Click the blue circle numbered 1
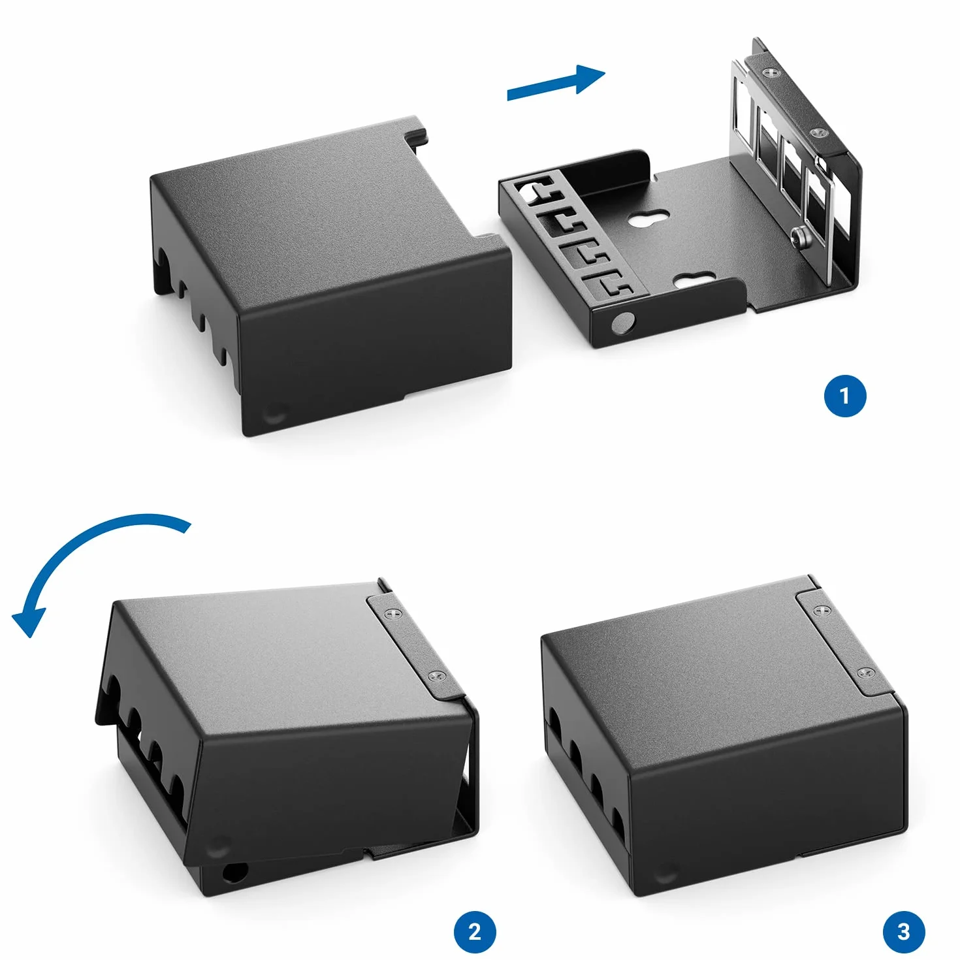coord(844,396)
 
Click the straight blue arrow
coord(556,83)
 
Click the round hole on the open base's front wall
coord(624,323)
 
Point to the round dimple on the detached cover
coord(275,412)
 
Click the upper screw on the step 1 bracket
coord(772,72)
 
